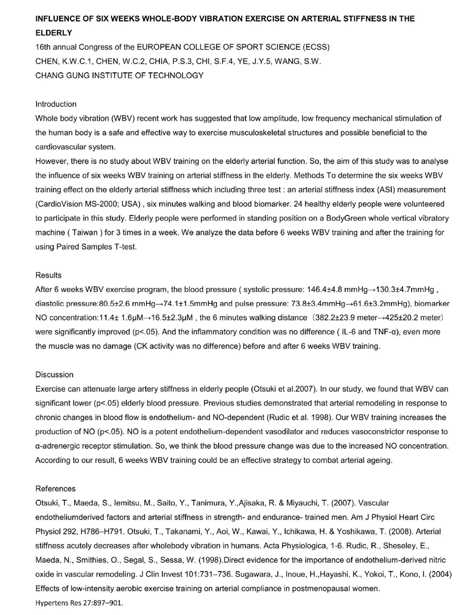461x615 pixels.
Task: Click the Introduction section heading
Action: [56, 104]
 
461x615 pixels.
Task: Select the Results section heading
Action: [48, 275]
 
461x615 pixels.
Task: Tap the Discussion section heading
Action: [54, 374]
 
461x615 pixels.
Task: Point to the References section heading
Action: [55, 489]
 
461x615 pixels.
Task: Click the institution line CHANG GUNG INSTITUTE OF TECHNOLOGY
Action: [119, 75]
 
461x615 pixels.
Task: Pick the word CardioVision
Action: [60, 204]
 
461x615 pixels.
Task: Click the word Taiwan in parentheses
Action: [85, 233]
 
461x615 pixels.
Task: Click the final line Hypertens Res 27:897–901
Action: [79, 603]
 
